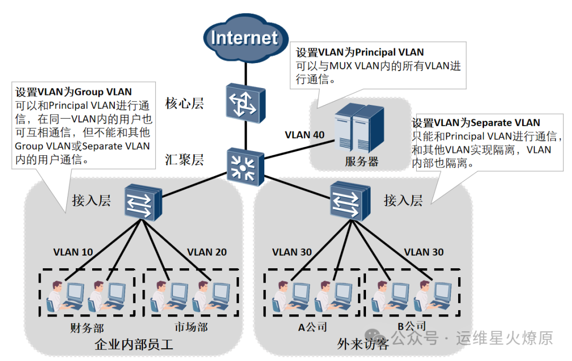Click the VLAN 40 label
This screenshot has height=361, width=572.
click(305, 135)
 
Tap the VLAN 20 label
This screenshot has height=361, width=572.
click(207, 252)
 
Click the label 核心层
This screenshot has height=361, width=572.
click(184, 103)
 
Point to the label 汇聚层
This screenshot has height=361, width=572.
click(184, 160)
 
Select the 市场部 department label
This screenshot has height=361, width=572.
click(191, 327)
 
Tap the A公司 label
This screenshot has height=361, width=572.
click(312, 327)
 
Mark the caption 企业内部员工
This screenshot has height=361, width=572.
click(133, 345)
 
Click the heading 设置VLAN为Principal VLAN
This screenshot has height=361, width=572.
click(360, 52)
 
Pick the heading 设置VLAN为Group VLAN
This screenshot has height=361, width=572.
click(74, 91)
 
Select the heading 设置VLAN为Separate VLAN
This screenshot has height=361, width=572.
click(476, 123)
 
